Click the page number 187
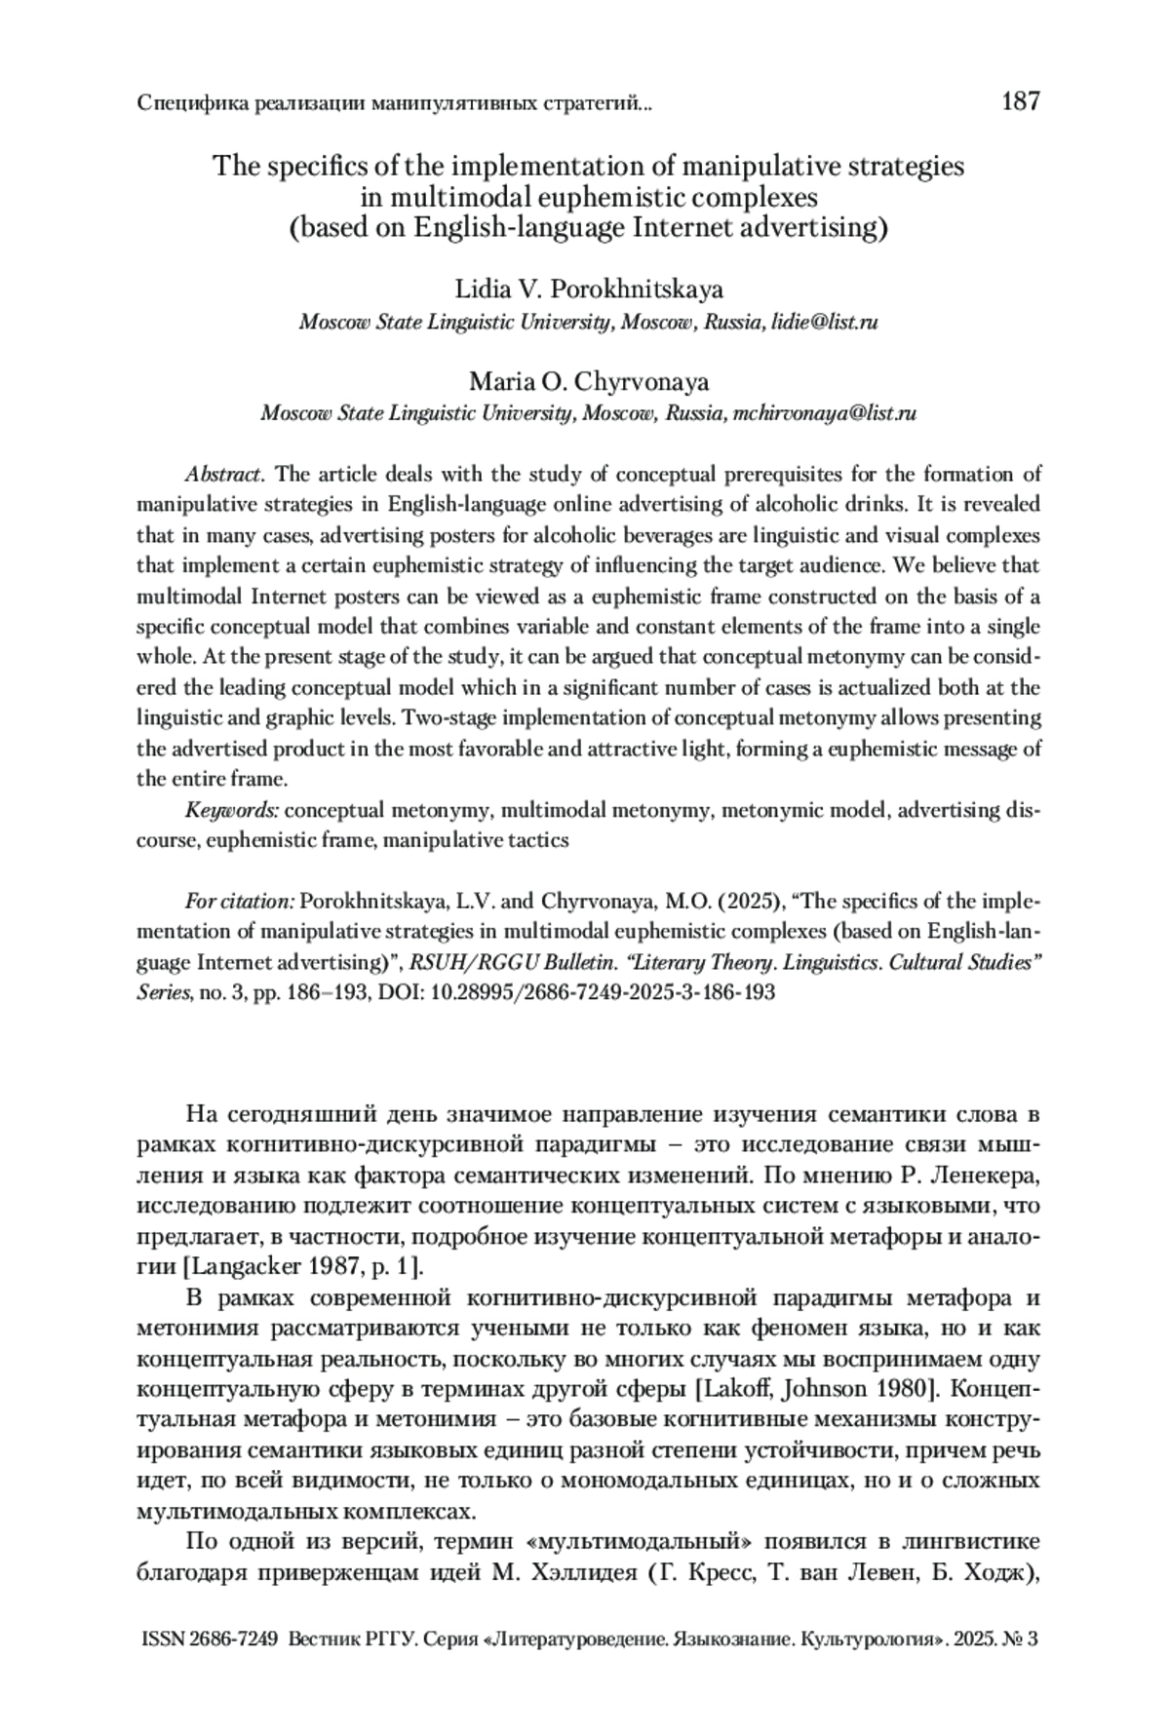1021,101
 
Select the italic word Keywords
232,809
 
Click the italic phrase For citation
239,901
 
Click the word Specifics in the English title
301,167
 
